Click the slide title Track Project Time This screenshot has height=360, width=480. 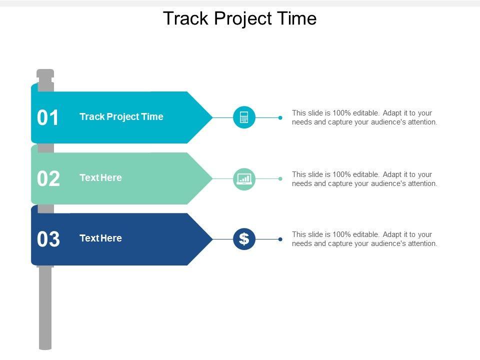point(239,18)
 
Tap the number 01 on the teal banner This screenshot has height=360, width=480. point(47,117)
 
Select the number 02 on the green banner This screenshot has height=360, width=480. point(48,178)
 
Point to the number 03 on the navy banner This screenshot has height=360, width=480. point(48,239)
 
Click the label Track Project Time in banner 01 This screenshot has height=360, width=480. point(121,116)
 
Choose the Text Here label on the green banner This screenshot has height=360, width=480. point(100,177)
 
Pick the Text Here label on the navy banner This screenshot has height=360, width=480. point(100,238)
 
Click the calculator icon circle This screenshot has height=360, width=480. point(244,117)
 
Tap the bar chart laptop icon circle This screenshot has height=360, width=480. point(244,179)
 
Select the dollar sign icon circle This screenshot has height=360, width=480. point(244,239)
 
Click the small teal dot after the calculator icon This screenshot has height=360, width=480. point(280,117)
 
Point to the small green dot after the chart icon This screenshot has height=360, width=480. point(280,179)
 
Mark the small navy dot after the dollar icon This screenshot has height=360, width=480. point(280,239)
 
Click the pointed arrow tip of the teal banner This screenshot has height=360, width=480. point(212,117)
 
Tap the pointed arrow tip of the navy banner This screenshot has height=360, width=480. point(212,239)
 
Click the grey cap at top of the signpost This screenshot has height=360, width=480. point(45,73)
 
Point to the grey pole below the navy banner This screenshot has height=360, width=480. point(45,307)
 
